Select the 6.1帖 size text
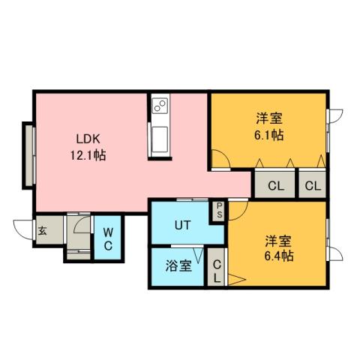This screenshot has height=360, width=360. [x=268, y=136]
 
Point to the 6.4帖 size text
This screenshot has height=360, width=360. [x=278, y=256]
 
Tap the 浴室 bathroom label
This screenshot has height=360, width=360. [x=178, y=266]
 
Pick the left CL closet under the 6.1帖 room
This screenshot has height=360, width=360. [x=275, y=184]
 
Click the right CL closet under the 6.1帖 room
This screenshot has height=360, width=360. [x=313, y=184]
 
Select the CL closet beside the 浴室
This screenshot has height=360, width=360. [x=216, y=270]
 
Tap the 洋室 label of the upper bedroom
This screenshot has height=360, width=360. [x=268, y=118]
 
